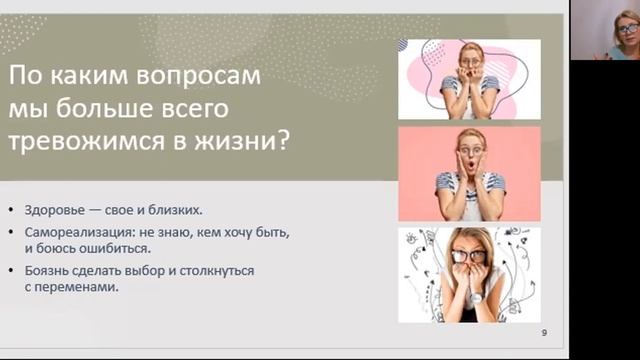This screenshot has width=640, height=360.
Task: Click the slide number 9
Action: (x=544, y=332)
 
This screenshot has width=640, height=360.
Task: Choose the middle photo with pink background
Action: (x=469, y=173)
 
